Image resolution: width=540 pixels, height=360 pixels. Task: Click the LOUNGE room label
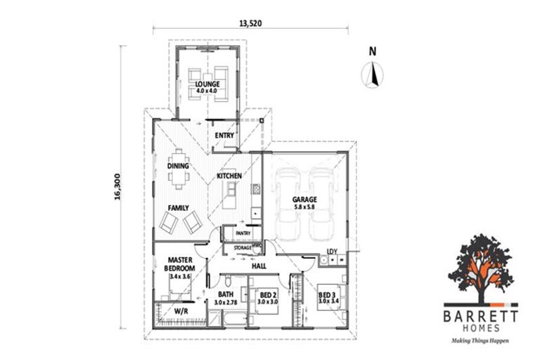207,85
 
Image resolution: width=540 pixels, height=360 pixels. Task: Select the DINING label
179,167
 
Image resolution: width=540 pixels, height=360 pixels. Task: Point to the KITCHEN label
229,176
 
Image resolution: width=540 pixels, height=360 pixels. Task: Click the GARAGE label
305,200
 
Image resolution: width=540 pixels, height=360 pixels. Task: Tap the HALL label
257,266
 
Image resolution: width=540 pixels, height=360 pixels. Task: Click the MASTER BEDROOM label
180,264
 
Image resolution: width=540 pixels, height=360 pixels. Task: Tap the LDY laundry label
333,252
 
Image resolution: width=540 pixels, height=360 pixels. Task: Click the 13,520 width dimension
250,22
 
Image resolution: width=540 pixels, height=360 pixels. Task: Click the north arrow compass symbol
373,73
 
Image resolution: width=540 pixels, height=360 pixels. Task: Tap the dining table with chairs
180,169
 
